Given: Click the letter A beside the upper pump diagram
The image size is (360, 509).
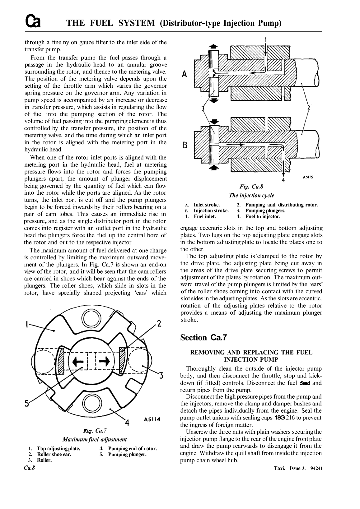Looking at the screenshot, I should (185, 74).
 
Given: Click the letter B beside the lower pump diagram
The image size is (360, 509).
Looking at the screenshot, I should (185, 145).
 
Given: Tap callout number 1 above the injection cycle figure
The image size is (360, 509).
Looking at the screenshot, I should (265, 39).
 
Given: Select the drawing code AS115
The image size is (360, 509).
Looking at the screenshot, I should (307, 178).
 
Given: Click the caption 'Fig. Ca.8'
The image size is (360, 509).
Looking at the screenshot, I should (251, 187).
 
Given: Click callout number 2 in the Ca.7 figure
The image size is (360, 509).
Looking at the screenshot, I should (159, 324).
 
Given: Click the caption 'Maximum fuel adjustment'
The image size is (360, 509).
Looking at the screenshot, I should (95, 439).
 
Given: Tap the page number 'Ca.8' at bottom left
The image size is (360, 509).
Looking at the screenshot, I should (30, 468).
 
